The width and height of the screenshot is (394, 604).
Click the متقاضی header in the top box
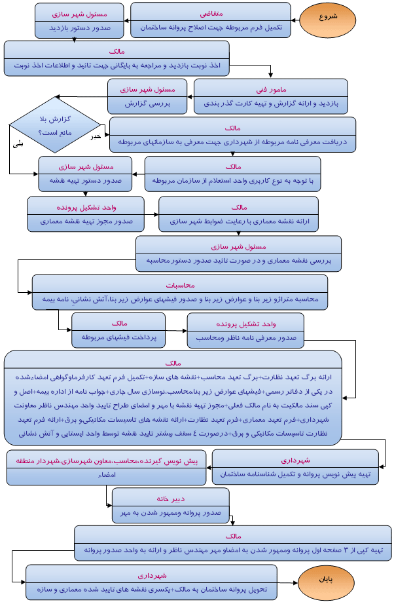point(210,13)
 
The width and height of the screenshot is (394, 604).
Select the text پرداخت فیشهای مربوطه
point(118,337)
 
